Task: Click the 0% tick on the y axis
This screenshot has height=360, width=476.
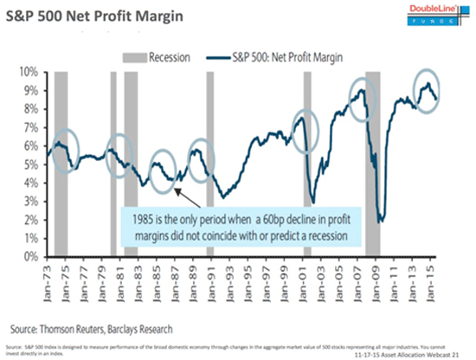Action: [x=37, y=257]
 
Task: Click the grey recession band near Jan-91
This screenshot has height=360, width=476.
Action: [x=210, y=164]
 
